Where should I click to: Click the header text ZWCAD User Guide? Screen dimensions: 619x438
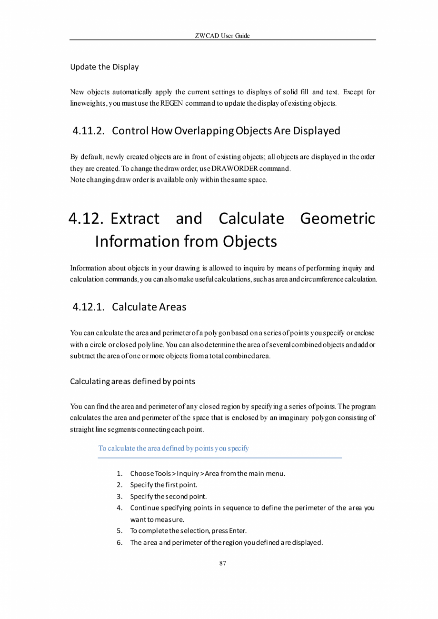(x=222, y=36)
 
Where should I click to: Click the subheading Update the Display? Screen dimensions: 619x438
(x=104, y=67)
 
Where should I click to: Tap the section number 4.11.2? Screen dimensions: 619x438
(x=89, y=130)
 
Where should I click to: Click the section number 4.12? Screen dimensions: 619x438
(x=86, y=219)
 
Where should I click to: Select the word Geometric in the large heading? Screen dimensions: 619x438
(x=338, y=219)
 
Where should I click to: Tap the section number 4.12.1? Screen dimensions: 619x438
(x=89, y=307)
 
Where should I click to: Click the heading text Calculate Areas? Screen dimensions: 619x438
(x=149, y=307)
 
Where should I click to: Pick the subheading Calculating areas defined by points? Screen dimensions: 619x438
(x=132, y=381)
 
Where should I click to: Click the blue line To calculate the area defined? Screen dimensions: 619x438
(x=173, y=448)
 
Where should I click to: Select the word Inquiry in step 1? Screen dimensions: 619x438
(x=188, y=473)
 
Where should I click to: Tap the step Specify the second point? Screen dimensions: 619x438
(x=168, y=496)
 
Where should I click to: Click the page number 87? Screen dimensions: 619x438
(x=222, y=563)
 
